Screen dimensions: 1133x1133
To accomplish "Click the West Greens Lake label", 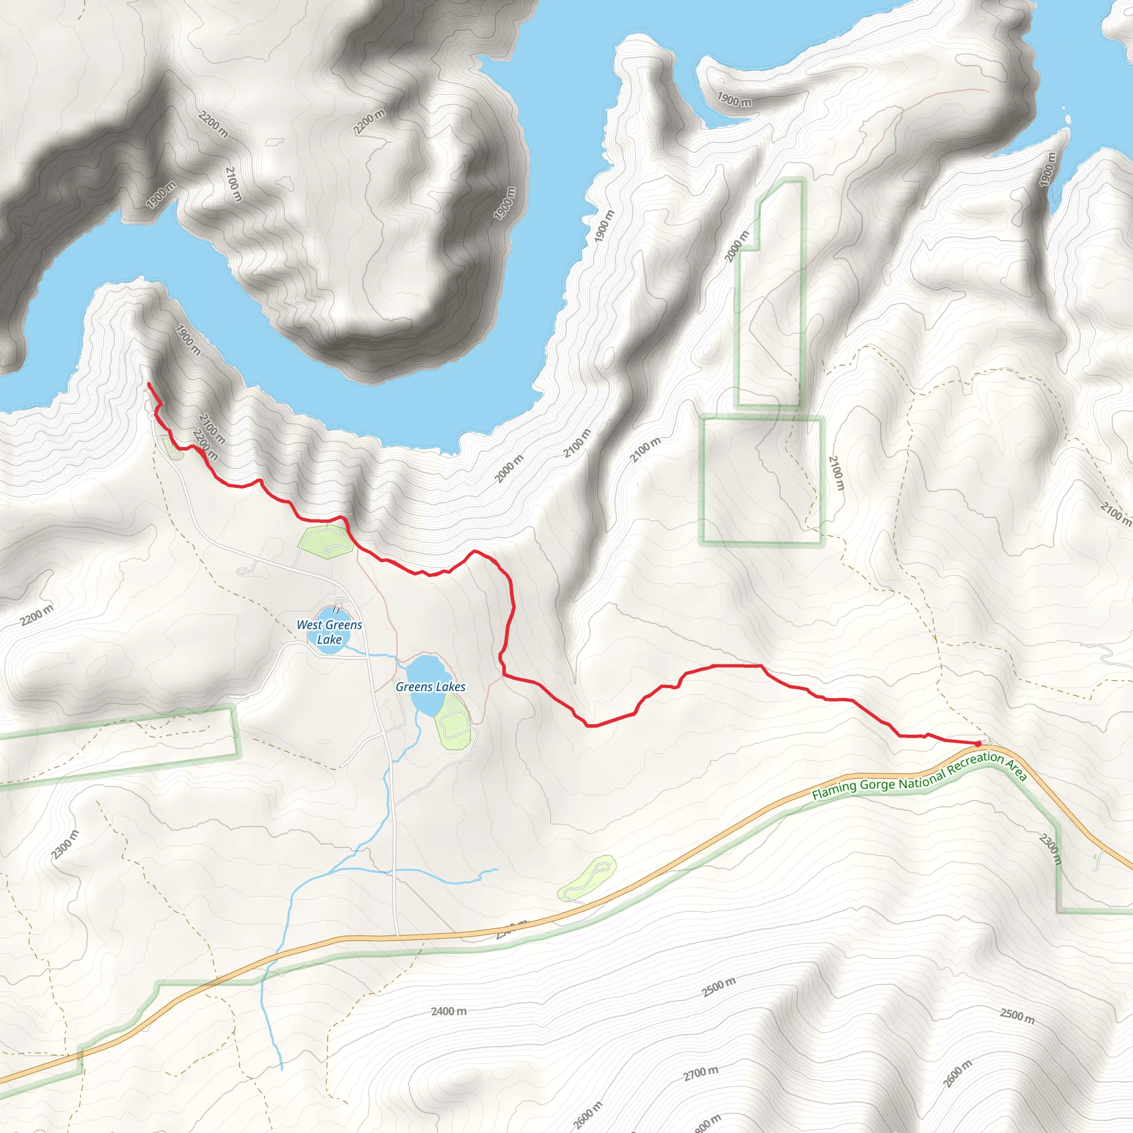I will point(330,632).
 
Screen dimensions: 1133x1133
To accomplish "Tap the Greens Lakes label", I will point(430,686).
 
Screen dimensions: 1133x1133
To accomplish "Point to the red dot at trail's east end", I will point(978,744).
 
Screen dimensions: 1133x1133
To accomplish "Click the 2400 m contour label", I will point(449,1011).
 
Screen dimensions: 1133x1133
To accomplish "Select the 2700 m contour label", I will point(700,1074).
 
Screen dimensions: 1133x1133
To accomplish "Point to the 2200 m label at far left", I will point(37,615).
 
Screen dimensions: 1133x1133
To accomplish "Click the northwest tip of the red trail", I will point(148,383).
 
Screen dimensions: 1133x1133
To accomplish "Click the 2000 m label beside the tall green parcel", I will point(737,246).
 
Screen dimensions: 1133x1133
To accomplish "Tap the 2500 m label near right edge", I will point(1017,1016).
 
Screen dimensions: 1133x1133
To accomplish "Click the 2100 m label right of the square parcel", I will point(836,473).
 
